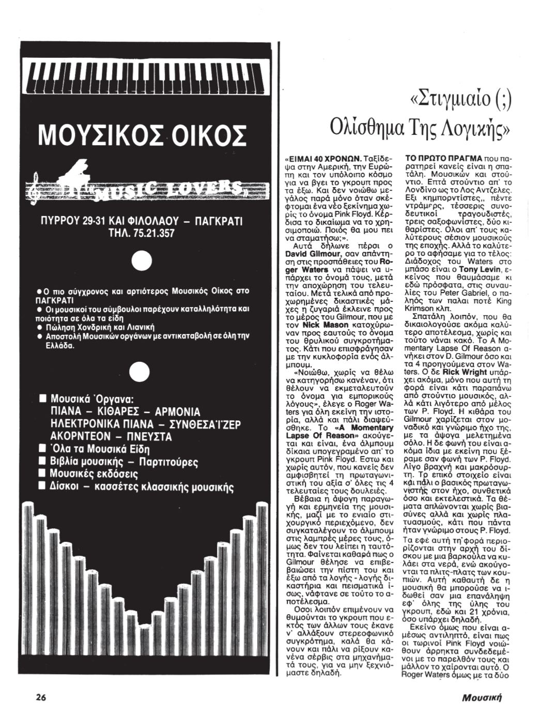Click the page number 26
[42, 696]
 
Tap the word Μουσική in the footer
[482, 697]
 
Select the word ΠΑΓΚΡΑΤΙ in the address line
[215, 221]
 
